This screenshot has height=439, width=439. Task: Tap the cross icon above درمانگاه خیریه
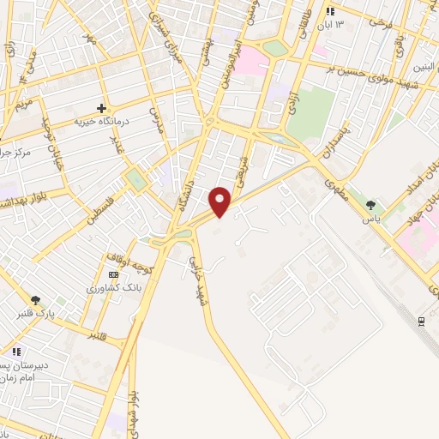(102, 108)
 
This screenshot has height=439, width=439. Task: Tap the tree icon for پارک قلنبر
(34, 300)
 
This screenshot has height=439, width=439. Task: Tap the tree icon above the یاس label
(370, 205)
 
